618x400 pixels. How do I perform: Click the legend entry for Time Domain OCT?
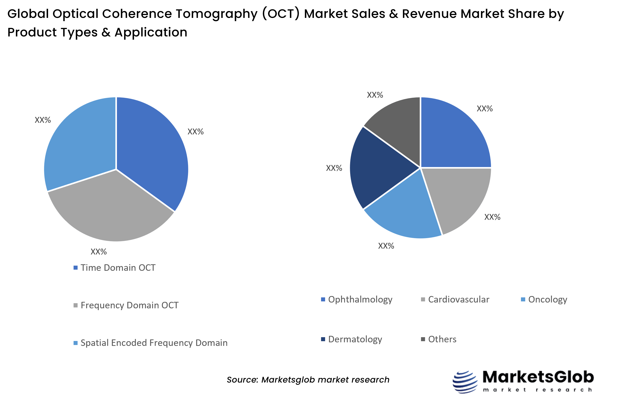click(118, 268)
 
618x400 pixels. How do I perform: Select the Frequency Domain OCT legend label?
click(129, 305)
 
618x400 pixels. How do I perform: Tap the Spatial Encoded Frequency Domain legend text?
click(154, 343)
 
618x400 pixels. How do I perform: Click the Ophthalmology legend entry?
click(360, 299)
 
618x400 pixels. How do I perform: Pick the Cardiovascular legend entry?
click(458, 299)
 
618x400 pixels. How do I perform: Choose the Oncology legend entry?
click(547, 299)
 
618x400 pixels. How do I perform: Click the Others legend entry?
click(442, 339)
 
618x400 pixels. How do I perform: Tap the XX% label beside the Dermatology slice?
click(334, 168)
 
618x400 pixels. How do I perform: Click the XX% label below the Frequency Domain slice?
click(99, 252)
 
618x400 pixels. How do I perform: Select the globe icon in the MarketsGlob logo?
click(465, 382)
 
